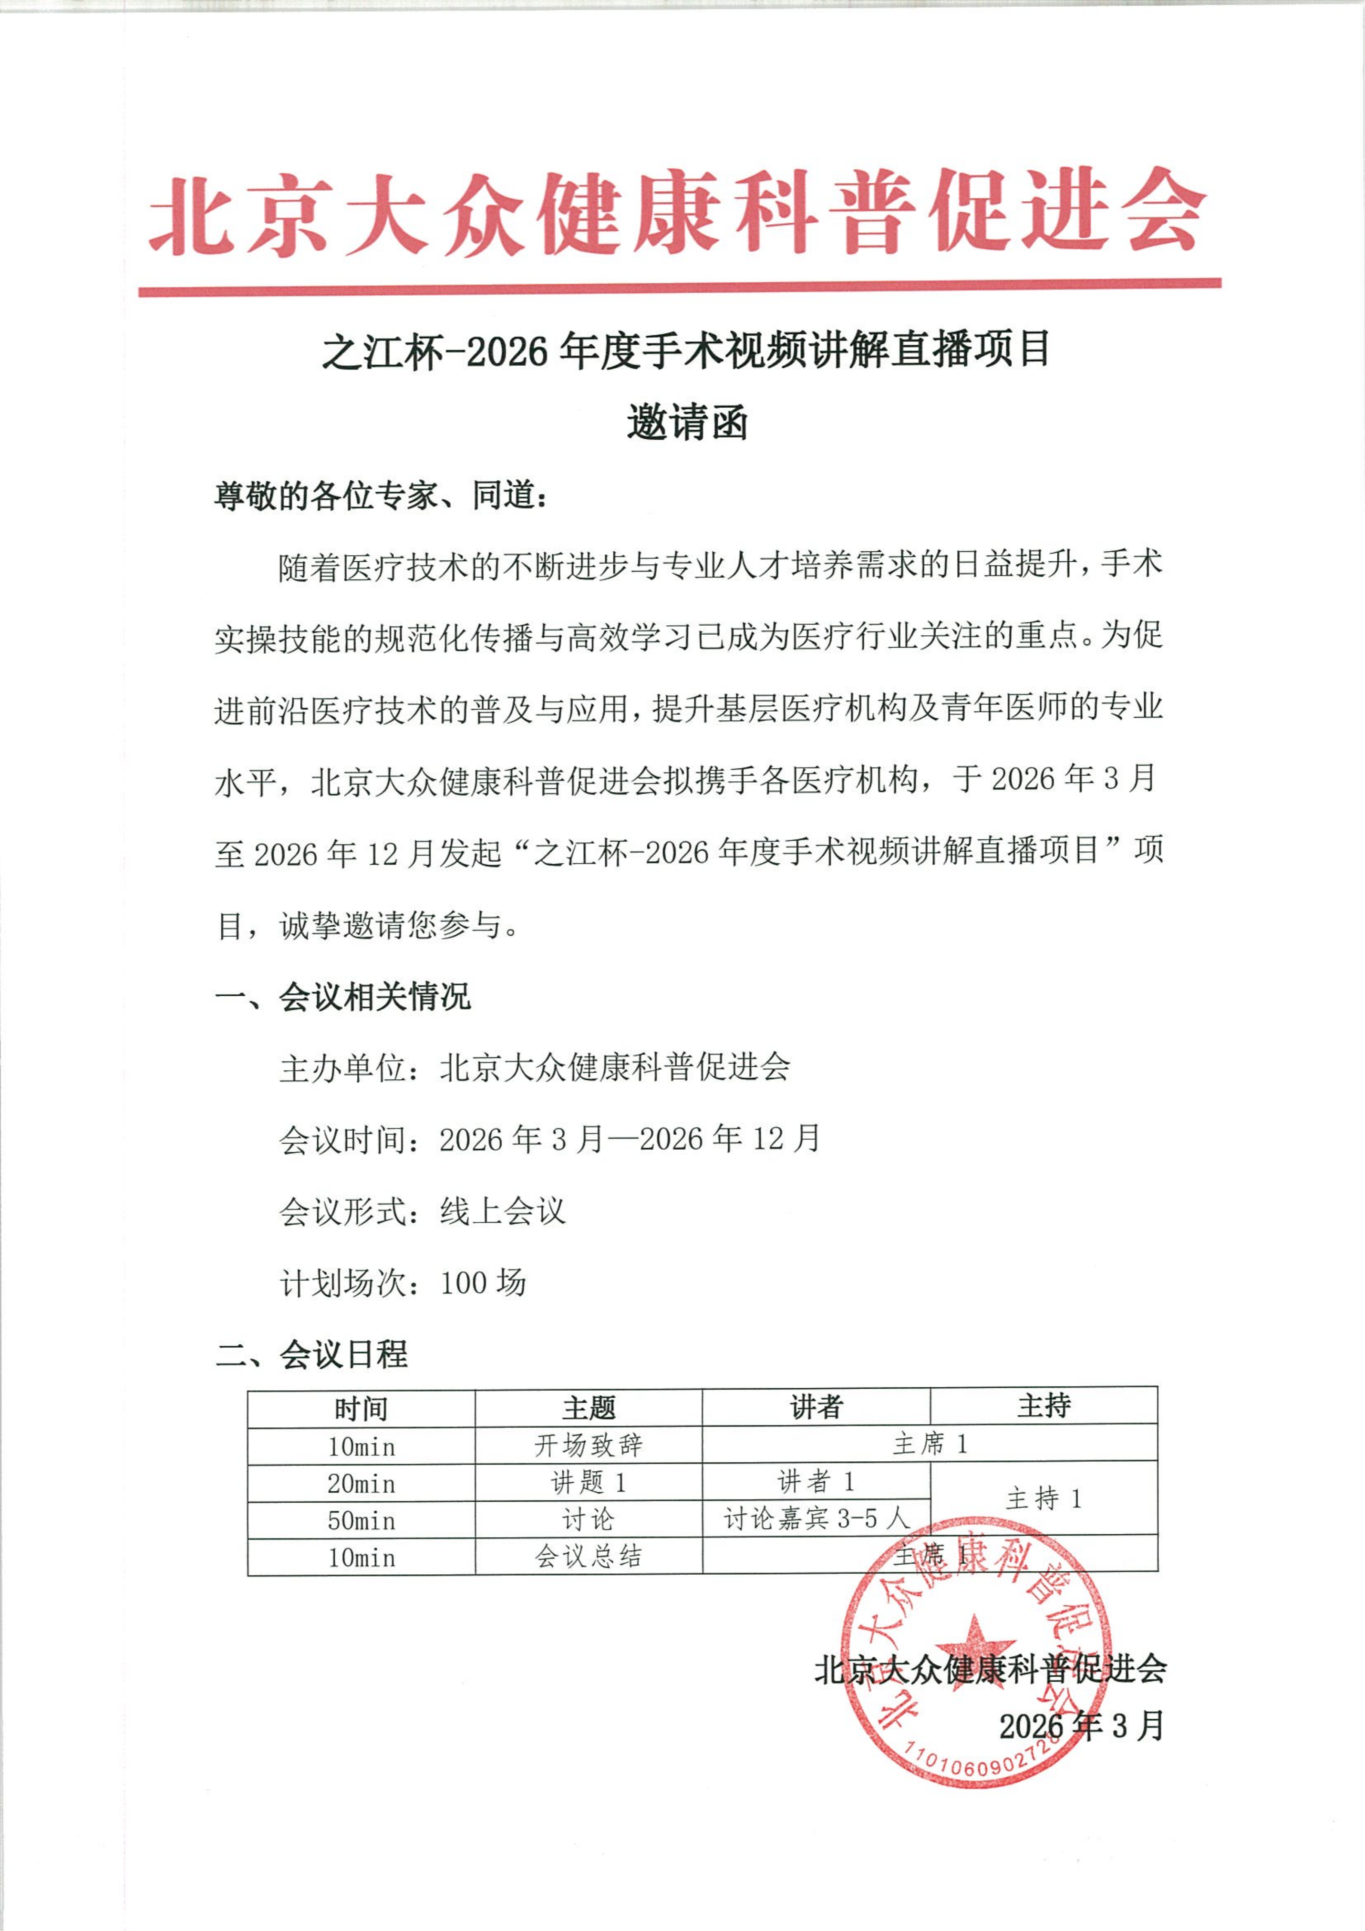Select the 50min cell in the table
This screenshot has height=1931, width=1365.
(361, 1521)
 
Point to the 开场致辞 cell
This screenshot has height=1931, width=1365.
(589, 1446)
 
